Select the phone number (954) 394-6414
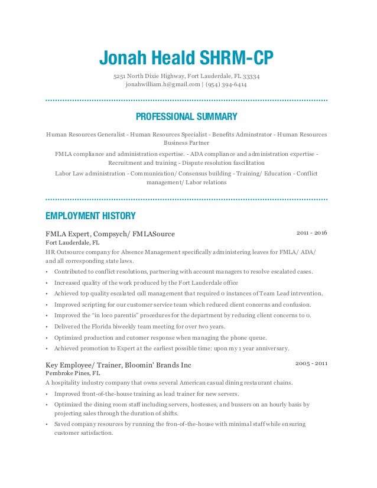[x=226, y=85]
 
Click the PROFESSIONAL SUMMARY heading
[x=186, y=116]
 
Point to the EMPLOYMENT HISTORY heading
[x=90, y=216]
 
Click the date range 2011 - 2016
[x=311, y=233]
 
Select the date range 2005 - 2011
[x=311, y=363]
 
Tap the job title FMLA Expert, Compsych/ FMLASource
[x=110, y=234]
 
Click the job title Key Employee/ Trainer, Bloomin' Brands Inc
[x=118, y=365]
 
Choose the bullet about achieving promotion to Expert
[x=171, y=348]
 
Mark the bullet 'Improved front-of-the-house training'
[x=147, y=393]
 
